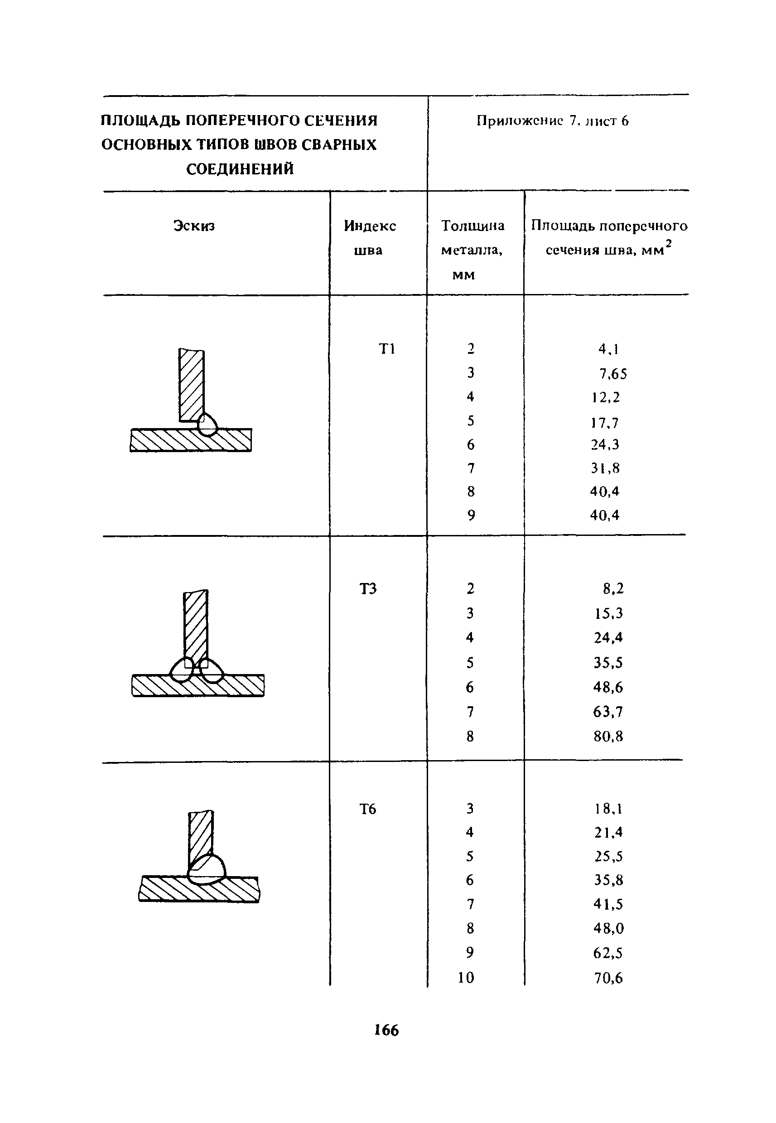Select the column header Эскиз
tap(194, 226)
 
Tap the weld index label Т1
tap(387, 348)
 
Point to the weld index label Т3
tap(368, 589)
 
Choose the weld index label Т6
tap(368, 809)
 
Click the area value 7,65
tap(612, 373)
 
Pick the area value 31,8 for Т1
tap(605, 468)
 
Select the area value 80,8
tap(608, 736)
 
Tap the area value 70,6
tap(608, 977)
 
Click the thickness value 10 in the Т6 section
tap(466, 977)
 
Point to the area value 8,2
tap(613, 589)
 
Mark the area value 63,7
tap(608, 712)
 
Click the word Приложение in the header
tap(519, 120)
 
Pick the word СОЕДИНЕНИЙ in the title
tap(240, 169)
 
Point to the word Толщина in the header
tap(472, 226)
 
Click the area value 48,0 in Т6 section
tap(608, 928)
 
